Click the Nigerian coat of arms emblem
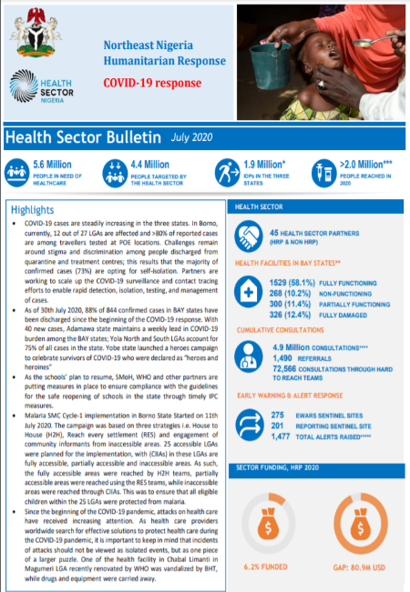36,34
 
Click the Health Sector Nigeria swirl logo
25,86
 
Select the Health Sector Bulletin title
84,137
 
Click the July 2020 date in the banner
193,137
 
